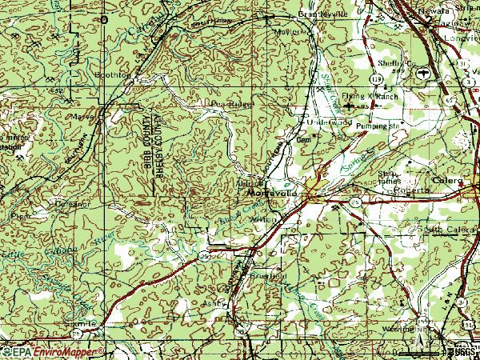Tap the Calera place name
448,182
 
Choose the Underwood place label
326,122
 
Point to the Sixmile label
89,323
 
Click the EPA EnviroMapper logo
53,351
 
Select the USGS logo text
462,351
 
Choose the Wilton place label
260,218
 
